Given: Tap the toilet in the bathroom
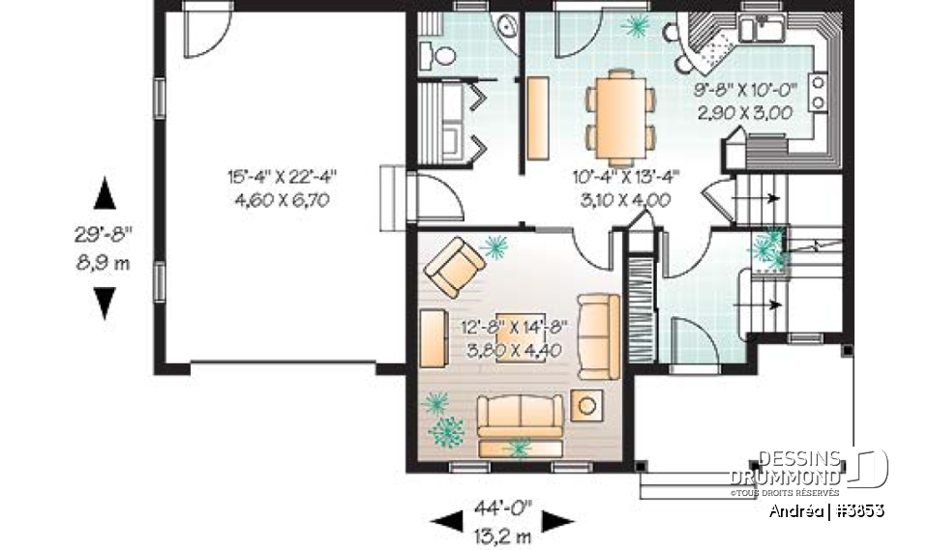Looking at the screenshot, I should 444,55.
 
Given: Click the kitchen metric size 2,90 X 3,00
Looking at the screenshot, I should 744,112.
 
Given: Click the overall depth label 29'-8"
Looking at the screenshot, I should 104,236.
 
